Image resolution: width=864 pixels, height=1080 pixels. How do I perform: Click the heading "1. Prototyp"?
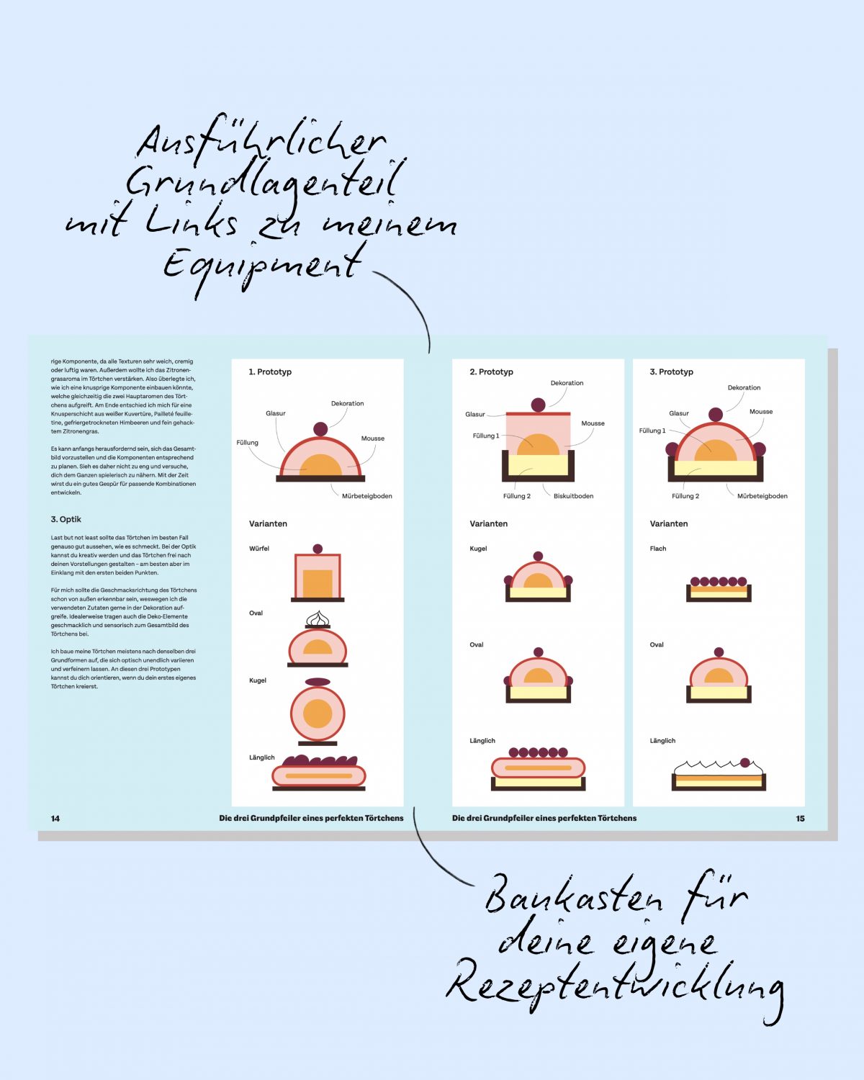(x=270, y=372)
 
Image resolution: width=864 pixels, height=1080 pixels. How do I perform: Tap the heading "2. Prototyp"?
(x=491, y=372)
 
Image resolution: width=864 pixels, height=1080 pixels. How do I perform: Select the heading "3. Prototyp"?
(x=671, y=372)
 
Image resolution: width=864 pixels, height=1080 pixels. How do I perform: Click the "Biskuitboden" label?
(x=573, y=496)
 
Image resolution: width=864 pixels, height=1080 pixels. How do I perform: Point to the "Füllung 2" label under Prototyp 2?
(x=516, y=496)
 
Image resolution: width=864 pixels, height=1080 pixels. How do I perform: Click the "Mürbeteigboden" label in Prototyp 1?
(x=367, y=496)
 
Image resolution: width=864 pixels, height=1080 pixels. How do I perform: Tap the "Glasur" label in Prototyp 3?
(x=679, y=413)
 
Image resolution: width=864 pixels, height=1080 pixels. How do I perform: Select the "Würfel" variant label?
(x=259, y=549)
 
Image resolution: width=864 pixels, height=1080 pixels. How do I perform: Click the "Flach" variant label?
(x=657, y=549)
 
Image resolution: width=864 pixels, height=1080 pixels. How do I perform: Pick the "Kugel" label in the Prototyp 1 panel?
(x=258, y=680)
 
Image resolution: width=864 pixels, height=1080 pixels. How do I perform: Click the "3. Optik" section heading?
(x=66, y=519)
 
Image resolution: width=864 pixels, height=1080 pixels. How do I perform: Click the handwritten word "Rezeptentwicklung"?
(x=615, y=990)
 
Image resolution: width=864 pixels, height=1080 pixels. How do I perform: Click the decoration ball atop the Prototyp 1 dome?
(x=320, y=429)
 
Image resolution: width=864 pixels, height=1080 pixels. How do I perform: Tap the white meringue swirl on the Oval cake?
(x=318, y=618)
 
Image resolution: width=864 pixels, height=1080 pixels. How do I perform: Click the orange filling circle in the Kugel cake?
(x=318, y=713)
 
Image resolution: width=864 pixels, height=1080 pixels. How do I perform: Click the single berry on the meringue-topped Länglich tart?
(x=745, y=763)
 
